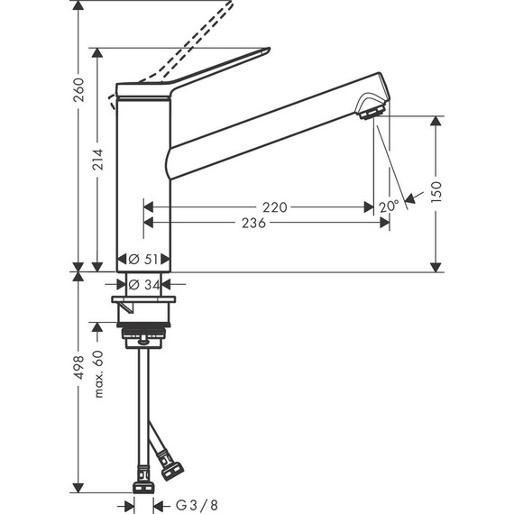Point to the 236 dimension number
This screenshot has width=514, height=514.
tap(253, 223)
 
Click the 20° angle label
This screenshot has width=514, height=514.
tap(388, 207)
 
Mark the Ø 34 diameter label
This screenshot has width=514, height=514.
tap(144, 285)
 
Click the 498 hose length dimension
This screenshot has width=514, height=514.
tap(78, 370)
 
